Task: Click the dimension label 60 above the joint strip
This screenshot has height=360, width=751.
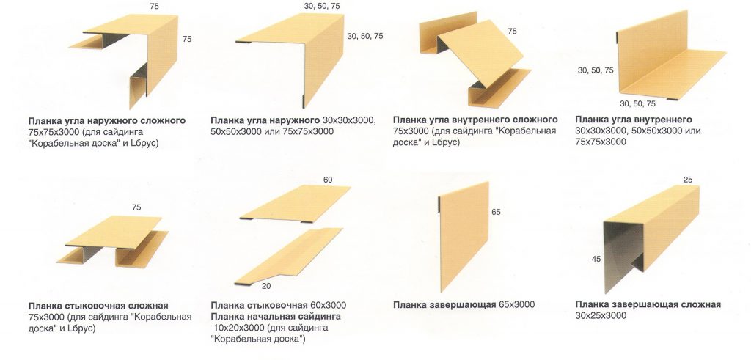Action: tap(328, 180)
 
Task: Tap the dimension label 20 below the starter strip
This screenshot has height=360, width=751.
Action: tap(267, 286)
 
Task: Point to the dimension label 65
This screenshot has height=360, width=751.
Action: tap(497, 212)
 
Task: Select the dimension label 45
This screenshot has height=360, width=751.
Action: tap(596, 259)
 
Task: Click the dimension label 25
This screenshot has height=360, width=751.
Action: tap(688, 180)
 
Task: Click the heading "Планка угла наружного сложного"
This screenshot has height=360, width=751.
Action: tap(107, 121)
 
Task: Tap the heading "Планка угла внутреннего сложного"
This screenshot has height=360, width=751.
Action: tap(475, 120)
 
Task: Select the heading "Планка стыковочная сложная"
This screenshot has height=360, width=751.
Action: tap(98, 306)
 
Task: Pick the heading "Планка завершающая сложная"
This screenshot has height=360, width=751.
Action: tap(648, 305)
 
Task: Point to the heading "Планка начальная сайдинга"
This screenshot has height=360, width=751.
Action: tap(276, 317)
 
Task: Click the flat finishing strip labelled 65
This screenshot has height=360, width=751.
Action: tap(464, 237)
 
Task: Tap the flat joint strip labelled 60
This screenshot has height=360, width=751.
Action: tap(296, 203)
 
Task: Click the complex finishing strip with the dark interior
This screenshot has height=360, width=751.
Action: tap(651, 237)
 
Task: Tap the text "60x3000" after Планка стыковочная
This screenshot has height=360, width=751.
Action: tap(328, 306)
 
